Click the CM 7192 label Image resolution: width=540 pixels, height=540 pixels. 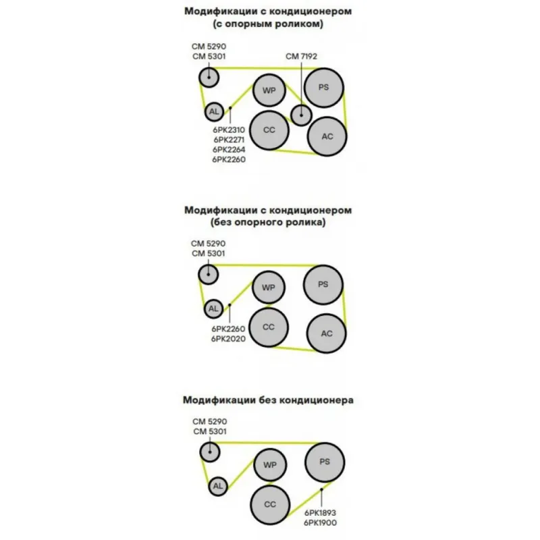click(301, 56)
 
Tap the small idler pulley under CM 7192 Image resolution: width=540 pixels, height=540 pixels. click(301, 115)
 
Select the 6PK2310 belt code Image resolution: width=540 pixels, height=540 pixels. click(229, 130)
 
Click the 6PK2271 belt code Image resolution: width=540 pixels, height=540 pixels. click(229, 140)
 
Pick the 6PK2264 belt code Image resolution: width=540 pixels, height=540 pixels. click(229, 149)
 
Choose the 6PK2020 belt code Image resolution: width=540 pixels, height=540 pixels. click(228, 339)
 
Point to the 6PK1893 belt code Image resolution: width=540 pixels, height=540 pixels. click(320, 513)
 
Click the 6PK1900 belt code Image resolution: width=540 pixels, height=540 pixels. click(320, 522)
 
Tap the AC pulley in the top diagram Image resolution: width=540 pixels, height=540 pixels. click(327, 136)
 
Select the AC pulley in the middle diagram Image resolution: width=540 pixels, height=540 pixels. click(327, 333)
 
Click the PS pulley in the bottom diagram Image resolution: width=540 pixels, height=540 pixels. click(325, 462)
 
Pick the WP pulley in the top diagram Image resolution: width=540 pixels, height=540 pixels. click(269, 90)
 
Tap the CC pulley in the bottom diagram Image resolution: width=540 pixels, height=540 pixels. click(270, 504)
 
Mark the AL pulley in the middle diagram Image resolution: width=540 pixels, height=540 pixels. click(213, 308)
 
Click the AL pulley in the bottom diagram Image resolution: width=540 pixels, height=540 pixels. click(218, 486)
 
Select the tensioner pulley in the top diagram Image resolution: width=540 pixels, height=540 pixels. click(209, 77)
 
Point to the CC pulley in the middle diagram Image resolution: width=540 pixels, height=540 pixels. click(269, 327)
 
